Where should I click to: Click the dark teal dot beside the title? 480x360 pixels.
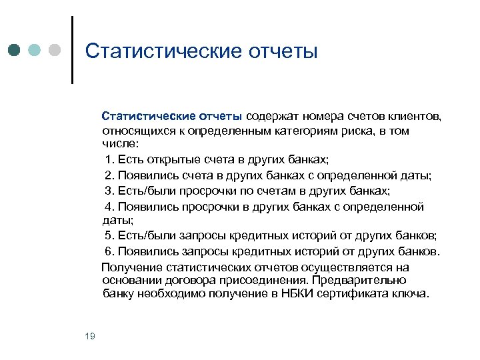point(15,51)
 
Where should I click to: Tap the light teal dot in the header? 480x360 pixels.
point(34,51)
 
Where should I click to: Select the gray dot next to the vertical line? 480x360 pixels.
point(55,51)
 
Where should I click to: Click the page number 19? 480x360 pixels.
point(91,336)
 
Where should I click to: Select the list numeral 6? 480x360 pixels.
point(109,252)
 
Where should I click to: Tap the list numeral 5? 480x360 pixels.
point(109,237)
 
